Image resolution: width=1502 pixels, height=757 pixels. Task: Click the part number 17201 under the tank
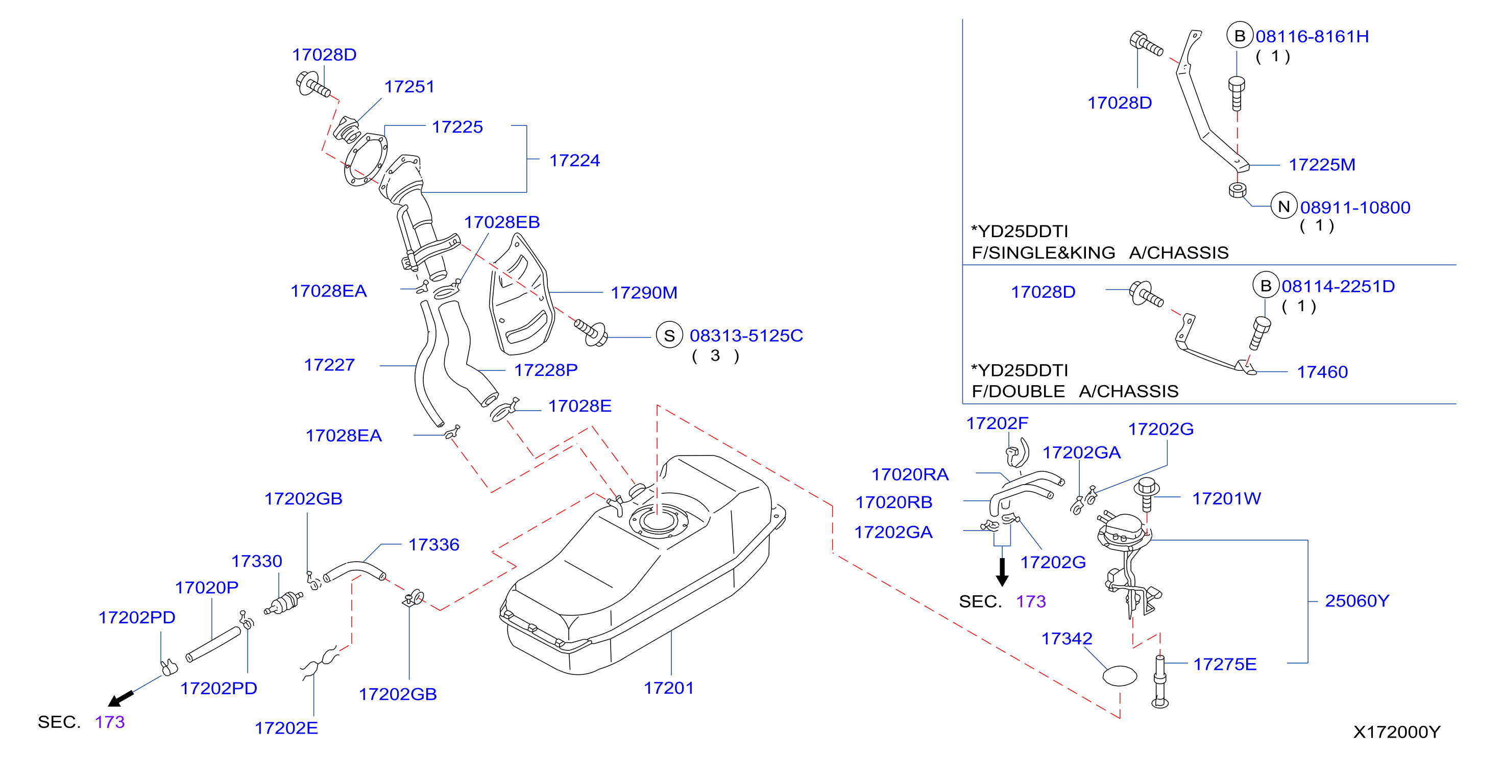click(x=668, y=688)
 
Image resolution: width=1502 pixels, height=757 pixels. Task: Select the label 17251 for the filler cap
click(x=409, y=87)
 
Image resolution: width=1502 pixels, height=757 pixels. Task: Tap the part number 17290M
click(x=644, y=292)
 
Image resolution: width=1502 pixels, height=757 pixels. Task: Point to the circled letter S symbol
click(x=669, y=335)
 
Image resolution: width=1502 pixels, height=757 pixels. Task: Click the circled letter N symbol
click(x=1284, y=206)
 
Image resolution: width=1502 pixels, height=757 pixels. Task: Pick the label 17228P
click(x=546, y=370)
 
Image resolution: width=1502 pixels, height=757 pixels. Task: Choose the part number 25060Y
click(x=1357, y=601)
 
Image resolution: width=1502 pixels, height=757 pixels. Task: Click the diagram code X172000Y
click(x=1396, y=732)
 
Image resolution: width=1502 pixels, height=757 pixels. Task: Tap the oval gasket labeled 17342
click(x=1120, y=676)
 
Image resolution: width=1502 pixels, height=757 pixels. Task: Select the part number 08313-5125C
click(x=746, y=336)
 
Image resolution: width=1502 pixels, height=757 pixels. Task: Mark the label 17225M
click(x=1322, y=165)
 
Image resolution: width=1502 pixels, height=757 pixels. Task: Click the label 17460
click(x=1322, y=372)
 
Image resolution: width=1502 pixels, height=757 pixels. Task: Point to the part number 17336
click(x=434, y=545)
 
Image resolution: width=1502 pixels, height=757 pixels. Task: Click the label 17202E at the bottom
click(x=286, y=728)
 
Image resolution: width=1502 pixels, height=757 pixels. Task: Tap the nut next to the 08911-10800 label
click(x=1237, y=190)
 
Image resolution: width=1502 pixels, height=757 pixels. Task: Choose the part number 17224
click(x=574, y=160)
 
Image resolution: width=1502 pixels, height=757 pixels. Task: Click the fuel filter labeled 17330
click(x=283, y=602)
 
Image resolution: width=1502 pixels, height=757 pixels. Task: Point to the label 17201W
click(x=1226, y=498)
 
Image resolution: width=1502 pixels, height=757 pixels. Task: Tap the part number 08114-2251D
click(x=1338, y=286)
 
